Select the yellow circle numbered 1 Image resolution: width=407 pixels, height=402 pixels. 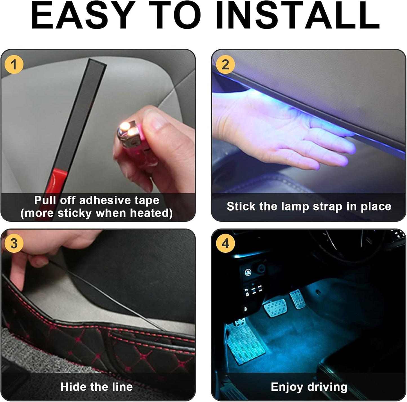click(x=14, y=65)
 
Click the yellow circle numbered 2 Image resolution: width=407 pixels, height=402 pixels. click(x=225, y=65)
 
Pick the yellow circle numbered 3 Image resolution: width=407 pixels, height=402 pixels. click(x=14, y=243)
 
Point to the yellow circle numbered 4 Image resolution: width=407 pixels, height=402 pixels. click(x=225, y=243)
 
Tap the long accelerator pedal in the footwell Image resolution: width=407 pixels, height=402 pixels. click(x=245, y=344)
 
